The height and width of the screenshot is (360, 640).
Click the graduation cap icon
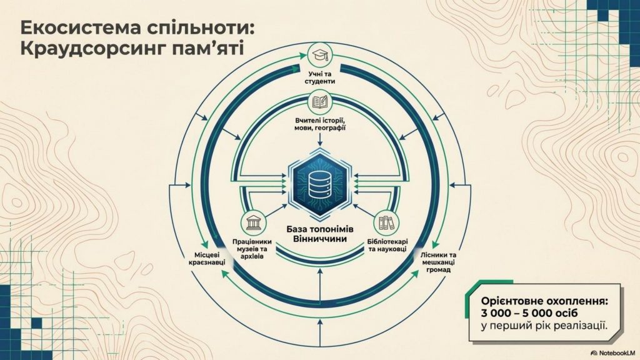(321, 57)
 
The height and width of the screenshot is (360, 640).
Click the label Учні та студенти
(321, 77)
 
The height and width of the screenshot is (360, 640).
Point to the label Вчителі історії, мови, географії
(320, 124)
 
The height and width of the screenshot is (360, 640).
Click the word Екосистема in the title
(70, 29)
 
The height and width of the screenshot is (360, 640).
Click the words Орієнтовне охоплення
(544, 299)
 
